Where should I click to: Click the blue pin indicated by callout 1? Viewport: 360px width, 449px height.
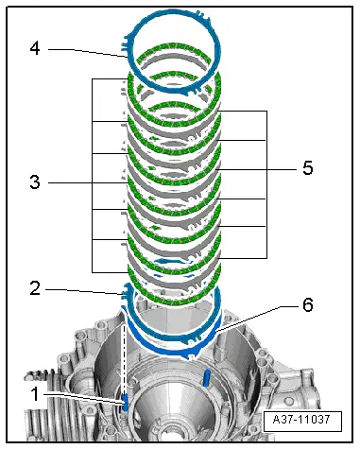click(125, 402)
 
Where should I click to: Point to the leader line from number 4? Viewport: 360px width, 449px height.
click(85, 49)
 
